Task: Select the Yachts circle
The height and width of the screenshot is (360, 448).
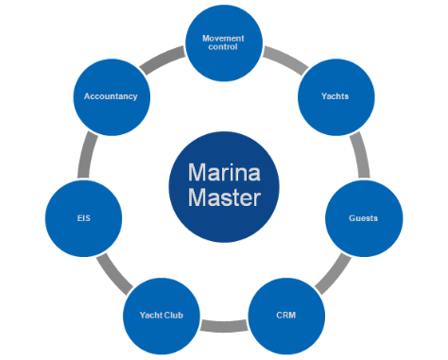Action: pos(336,96)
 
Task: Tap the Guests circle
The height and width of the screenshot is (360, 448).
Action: pos(364,218)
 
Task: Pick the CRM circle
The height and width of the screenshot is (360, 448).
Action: pos(286,312)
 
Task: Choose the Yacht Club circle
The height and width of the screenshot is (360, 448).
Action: pos(162,312)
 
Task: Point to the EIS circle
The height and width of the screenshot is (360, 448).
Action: pos(83,218)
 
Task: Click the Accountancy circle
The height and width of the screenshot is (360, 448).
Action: pos(111,96)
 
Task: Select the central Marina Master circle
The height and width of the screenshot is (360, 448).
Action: pos(223,185)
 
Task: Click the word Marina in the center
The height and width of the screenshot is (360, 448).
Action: pos(223,173)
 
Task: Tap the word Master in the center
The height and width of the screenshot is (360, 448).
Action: pos(223,198)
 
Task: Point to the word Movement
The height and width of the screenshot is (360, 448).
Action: pos(223,38)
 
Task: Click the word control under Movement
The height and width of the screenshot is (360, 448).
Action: pos(223,47)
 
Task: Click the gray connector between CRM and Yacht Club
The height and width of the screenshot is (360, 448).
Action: pos(224,327)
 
